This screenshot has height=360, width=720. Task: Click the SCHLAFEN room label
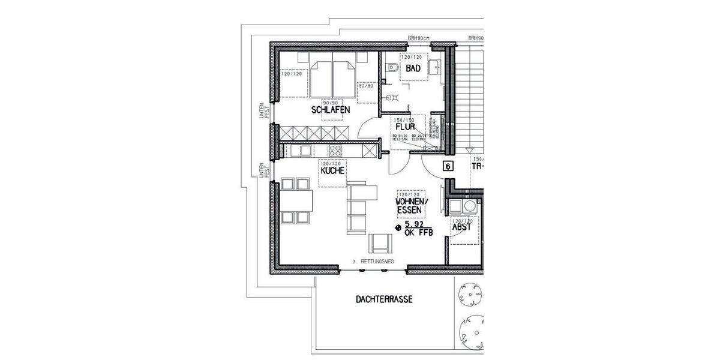[330, 110]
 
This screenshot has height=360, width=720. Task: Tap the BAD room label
[413, 69]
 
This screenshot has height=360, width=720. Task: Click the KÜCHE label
[332, 171]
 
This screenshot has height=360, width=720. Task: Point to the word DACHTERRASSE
[384, 299]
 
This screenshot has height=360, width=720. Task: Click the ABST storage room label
[462, 229]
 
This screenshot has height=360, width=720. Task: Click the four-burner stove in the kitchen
[335, 151]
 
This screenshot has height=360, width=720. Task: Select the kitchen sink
[304, 151]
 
